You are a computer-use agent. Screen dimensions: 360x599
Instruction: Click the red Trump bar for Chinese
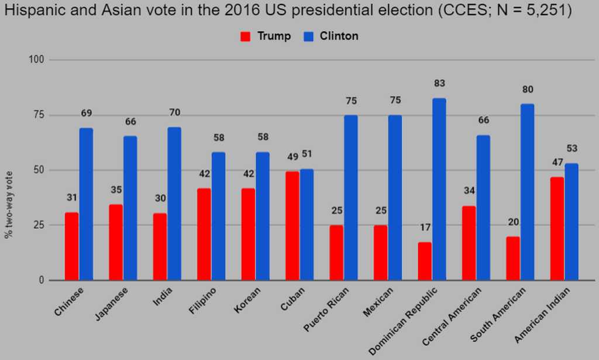[71, 246]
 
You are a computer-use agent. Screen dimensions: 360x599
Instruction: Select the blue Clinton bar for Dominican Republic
[439, 189]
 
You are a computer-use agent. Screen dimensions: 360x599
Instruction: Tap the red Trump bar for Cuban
[292, 226]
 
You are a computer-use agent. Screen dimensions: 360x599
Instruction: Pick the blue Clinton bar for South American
[527, 192]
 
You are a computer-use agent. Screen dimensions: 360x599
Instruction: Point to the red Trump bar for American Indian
[556, 229]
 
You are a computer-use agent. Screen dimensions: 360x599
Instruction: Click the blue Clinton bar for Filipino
[218, 216]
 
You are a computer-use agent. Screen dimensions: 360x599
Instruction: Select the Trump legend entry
[266, 36]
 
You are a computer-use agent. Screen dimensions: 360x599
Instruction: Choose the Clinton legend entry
[331, 36]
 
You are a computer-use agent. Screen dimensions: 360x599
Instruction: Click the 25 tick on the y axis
[41, 225]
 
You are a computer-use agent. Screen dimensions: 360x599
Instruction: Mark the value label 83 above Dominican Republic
[439, 84]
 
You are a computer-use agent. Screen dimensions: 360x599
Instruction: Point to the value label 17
[425, 227]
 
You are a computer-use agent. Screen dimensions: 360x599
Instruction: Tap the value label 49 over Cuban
[292, 157]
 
